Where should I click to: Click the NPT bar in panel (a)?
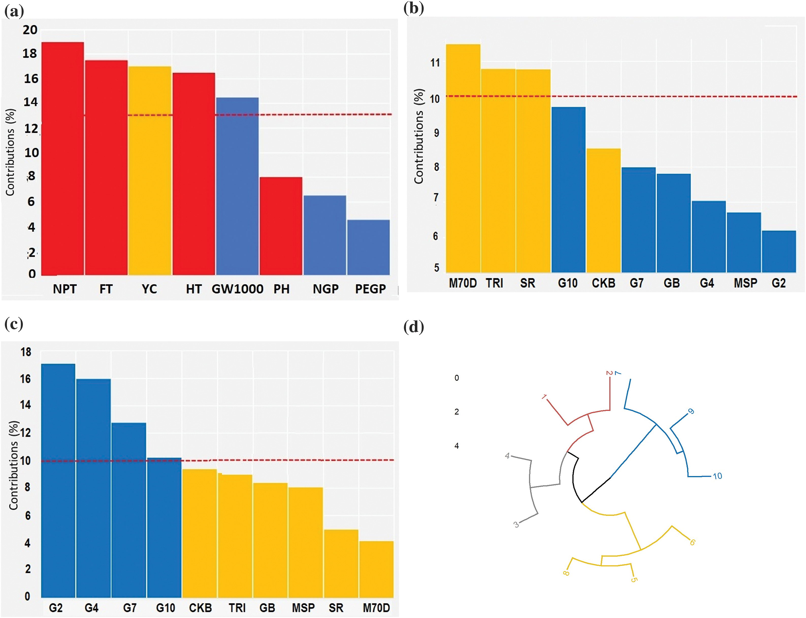pos(62,158)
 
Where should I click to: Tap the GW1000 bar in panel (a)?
pos(237,186)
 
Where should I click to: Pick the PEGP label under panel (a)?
pos(370,289)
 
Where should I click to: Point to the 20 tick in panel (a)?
pos(30,30)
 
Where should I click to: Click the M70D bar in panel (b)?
pos(463,158)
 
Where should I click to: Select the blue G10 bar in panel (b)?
pos(568,190)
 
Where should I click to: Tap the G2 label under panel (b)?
pos(778,283)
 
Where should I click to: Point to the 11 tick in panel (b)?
pos(435,63)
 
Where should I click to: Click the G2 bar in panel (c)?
pos(58,480)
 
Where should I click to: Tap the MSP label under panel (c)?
pos(303,608)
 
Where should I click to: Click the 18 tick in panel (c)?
pos(26,352)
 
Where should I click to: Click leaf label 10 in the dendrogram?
pos(717,476)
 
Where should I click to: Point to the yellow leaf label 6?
pos(692,542)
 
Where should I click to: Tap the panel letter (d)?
pos(414,327)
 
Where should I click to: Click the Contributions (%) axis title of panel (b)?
pos(419,136)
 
